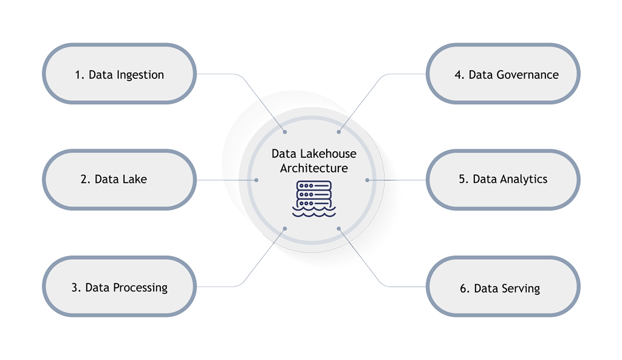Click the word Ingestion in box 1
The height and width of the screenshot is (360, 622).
tap(141, 75)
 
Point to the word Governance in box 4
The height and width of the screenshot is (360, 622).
tap(527, 75)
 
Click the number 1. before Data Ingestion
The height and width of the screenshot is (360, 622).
tap(79, 75)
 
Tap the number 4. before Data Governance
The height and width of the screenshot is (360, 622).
tap(459, 75)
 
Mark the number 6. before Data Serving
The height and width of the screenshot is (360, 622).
tap(465, 288)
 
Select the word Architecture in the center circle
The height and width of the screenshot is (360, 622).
tap(313, 168)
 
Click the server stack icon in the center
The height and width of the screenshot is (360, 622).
tap(313, 192)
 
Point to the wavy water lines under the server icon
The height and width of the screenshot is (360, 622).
tap(313, 212)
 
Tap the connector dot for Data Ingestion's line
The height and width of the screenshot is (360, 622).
tap(285, 131)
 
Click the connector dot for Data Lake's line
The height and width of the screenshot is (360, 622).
tap(257, 180)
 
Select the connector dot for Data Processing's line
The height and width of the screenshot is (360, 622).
tap(285, 228)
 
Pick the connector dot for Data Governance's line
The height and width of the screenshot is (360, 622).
tap(338, 131)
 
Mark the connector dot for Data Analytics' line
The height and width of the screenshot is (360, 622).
tap(367, 180)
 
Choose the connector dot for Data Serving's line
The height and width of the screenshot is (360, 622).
tap(338, 228)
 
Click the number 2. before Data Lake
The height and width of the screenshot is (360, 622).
tap(85, 179)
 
